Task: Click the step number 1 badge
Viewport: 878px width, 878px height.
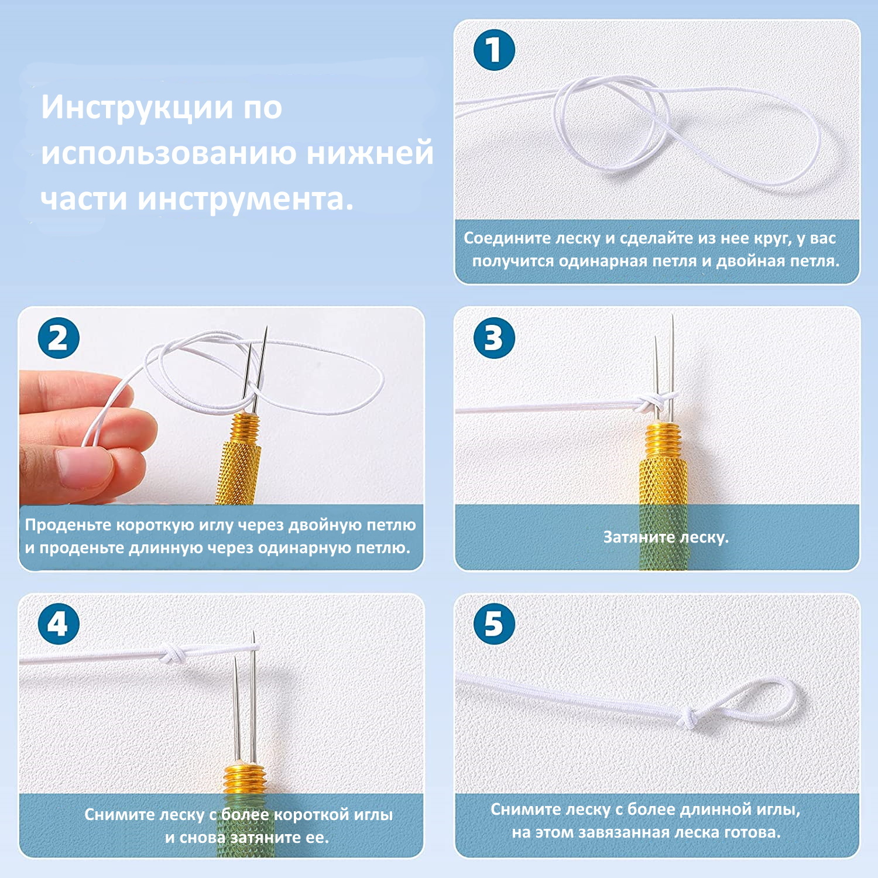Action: point(494,50)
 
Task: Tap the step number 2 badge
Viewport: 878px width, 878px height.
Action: point(59,338)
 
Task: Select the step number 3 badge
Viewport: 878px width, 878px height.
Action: point(494,338)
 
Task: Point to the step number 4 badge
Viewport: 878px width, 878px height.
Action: point(59,624)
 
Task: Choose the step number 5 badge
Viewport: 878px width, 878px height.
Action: point(494,624)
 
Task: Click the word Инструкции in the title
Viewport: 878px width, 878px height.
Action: point(136,107)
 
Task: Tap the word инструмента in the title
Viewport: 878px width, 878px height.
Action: point(246,199)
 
